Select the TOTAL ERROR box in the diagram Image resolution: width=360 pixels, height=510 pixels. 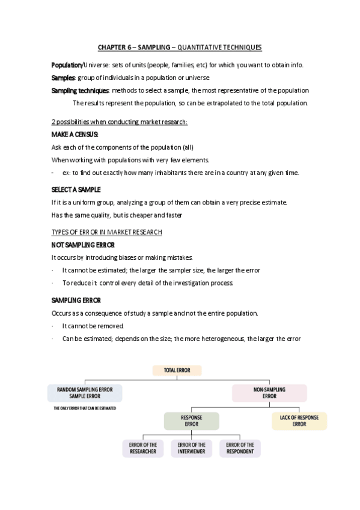[x=177, y=370]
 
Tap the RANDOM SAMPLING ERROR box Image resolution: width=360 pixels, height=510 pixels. [x=85, y=393]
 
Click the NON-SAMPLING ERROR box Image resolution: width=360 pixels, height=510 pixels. [x=269, y=393]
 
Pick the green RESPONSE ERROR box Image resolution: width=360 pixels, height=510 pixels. [x=191, y=420]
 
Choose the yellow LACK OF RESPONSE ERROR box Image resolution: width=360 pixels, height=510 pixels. [x=299, y=420]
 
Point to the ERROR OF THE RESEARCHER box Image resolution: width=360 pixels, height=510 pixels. [x=142, y=448]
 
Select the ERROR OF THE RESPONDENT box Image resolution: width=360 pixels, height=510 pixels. [x=240, y=448]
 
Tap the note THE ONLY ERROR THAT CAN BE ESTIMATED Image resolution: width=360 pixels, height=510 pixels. [x=84, y=408]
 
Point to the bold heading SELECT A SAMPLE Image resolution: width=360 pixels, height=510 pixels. [x=76, y=189]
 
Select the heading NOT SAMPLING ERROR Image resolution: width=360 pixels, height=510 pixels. [x=83, y=245]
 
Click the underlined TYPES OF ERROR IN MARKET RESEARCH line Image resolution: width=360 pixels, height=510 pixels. [x=107, y=232]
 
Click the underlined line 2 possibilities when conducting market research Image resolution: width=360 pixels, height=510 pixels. [x=120, y=122]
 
